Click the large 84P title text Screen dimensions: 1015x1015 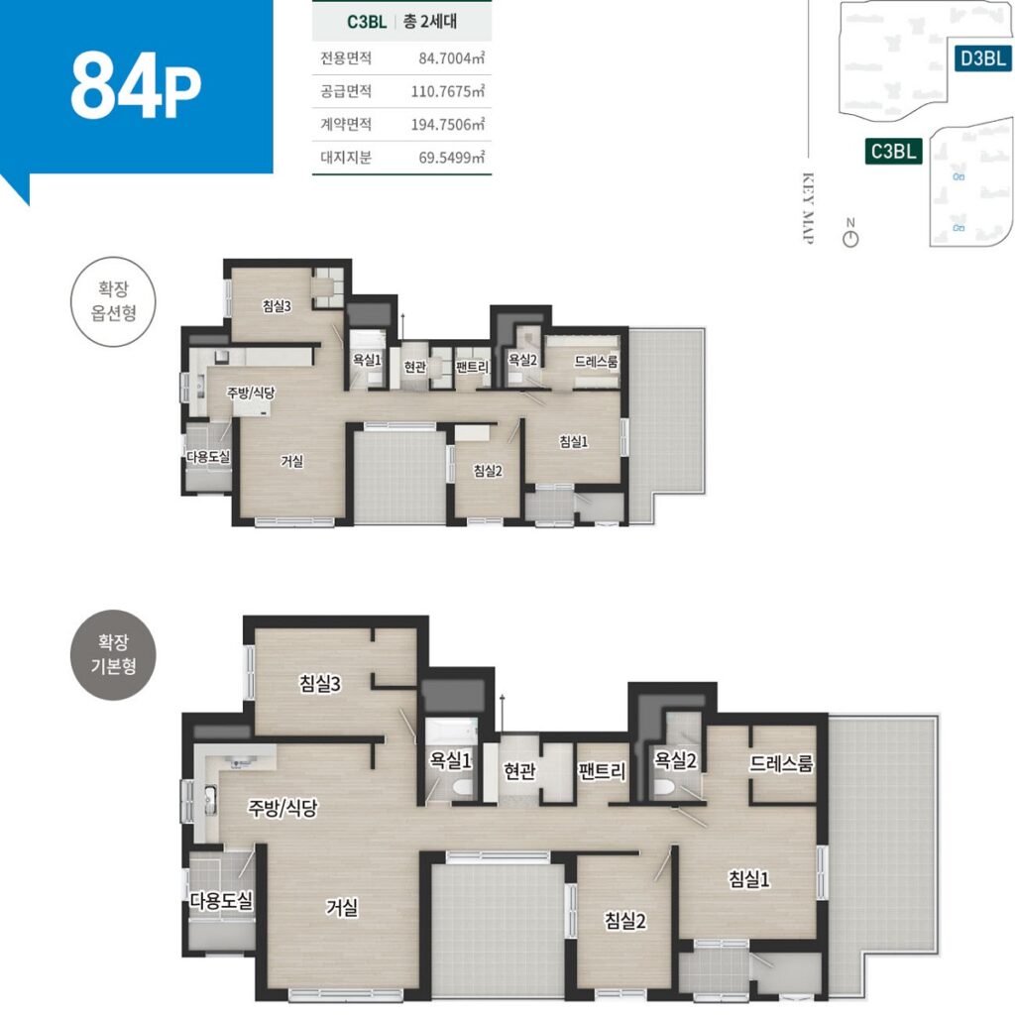pos(135,86)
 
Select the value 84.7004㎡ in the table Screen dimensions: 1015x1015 pos(452,58)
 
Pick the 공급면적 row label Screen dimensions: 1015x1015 pos(346,91)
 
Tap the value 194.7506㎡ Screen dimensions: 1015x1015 pos(448,124)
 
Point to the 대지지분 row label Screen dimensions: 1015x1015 pos(346,158)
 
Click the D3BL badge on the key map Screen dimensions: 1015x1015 pos(983,58)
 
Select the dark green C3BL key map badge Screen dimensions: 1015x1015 pos(893,152)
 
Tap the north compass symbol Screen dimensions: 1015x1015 pos(850,233)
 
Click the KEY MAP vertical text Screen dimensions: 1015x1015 pos(808,208)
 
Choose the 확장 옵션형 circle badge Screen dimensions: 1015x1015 pos(113,301)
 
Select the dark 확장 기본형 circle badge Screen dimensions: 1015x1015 pos(113,654)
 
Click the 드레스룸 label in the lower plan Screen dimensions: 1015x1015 pos(781,764)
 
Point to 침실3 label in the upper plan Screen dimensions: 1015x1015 pos(278,305)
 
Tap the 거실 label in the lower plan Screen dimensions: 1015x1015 pos(342,907)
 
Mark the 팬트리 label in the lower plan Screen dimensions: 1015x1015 pos(602,770)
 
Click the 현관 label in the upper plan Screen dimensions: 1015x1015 pos(415,367)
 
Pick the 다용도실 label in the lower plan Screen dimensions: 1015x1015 pos(221,900)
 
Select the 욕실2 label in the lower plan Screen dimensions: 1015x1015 pos(675,760)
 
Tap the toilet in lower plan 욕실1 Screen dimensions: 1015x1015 pos(464,787)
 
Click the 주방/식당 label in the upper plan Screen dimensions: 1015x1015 pos(251,393)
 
